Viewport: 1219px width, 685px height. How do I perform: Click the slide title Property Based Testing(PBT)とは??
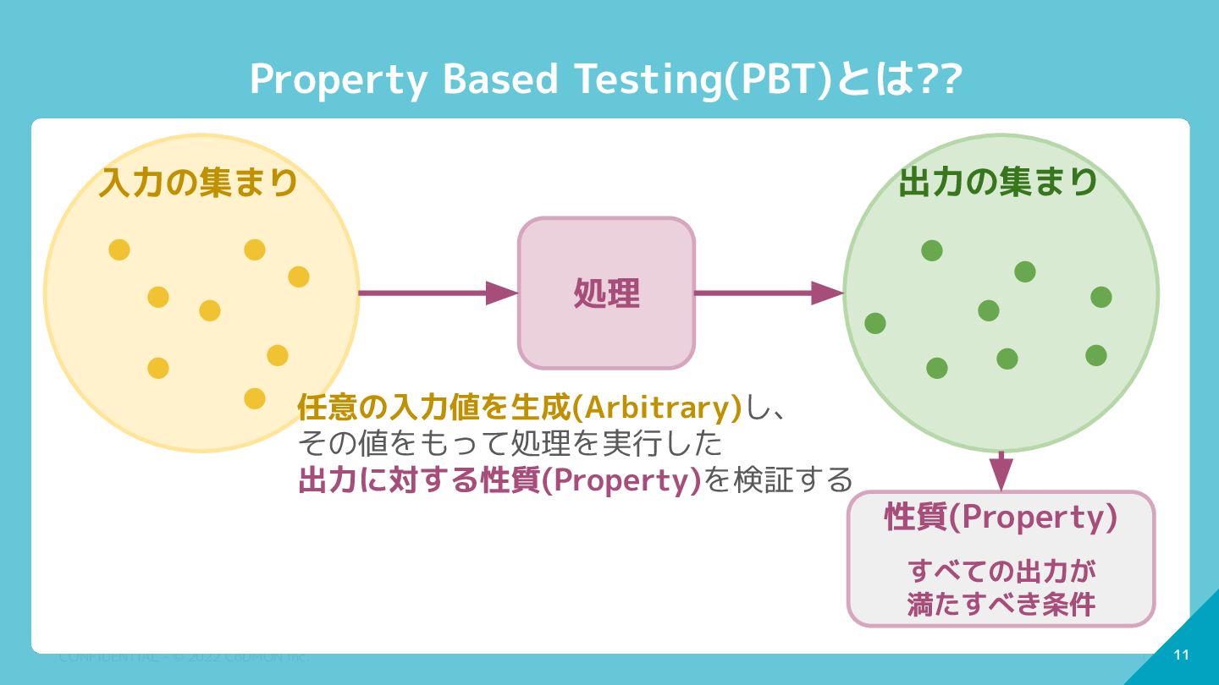pyautogui.click(x=605, y=79)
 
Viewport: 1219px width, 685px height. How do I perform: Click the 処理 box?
pyautogui.click(x=606, y=293)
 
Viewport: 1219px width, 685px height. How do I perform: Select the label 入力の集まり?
pyautogui.click(x=199, y=183)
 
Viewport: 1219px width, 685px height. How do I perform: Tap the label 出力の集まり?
pyautogui.click(x=998, y=182)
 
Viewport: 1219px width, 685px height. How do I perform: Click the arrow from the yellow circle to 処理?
pyautogui.click(x=437, y=293)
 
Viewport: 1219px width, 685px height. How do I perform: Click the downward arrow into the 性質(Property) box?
pyautogui.click(x=1001, y=473)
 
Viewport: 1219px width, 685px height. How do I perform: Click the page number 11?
pyautogui.click(x=1182, y=655)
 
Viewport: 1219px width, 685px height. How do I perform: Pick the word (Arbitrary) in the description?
pyautogui.click(x=657, y=408)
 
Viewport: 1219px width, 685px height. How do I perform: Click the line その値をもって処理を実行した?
pyautogui.click(x=510, y=443)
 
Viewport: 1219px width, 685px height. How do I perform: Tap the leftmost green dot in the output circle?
pyautogui.click(x=875, y=323)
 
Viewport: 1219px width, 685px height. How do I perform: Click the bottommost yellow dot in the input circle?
pyautogui.click(x=255, y=398)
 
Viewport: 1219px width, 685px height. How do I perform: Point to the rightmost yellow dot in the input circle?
pyautogui.click(x=299, y=277)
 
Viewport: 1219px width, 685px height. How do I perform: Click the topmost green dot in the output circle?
pyautogui.click(x=932, y=250)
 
